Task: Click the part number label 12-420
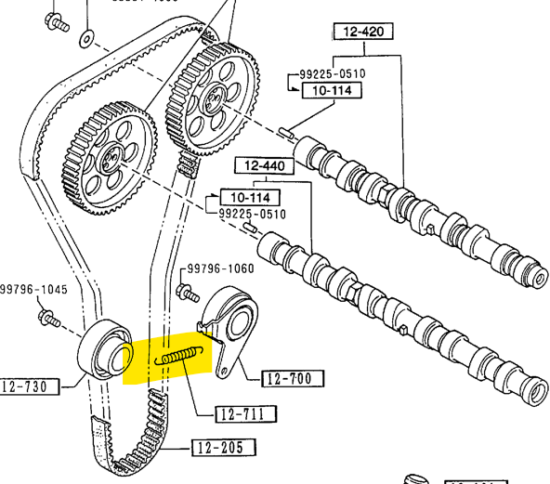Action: tap(363, 32)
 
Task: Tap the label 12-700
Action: tap(293, 378)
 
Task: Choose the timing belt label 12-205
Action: tap(223, 449)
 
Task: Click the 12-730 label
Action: tap(29, 386)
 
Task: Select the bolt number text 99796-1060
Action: tap(220, 268)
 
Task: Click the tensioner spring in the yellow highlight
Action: tap(180, 354)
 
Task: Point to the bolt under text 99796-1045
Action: tap(46, 320)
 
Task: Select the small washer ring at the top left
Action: tap(87, 38)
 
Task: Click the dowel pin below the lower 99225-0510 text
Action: tap(249, 226)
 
